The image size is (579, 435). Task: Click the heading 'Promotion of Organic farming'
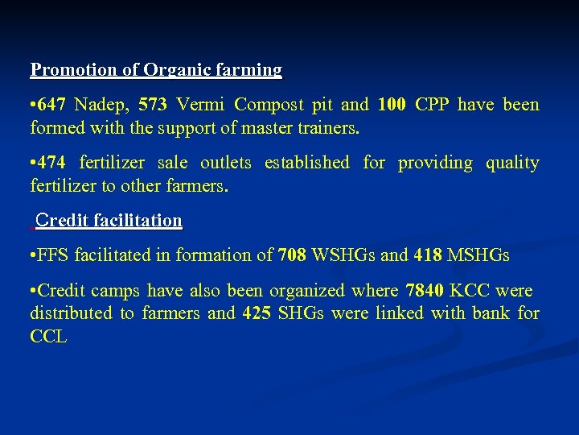(156, 70)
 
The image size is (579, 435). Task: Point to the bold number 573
(153, 106)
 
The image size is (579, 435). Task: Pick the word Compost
(269, 106)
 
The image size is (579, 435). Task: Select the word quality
(512, 164)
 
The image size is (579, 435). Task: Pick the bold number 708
(292, 256)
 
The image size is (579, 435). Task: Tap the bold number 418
(428, 256)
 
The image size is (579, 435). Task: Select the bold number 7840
(425, 291)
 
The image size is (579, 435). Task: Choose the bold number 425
(257, 313)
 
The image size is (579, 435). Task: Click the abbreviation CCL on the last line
(48, 336)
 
